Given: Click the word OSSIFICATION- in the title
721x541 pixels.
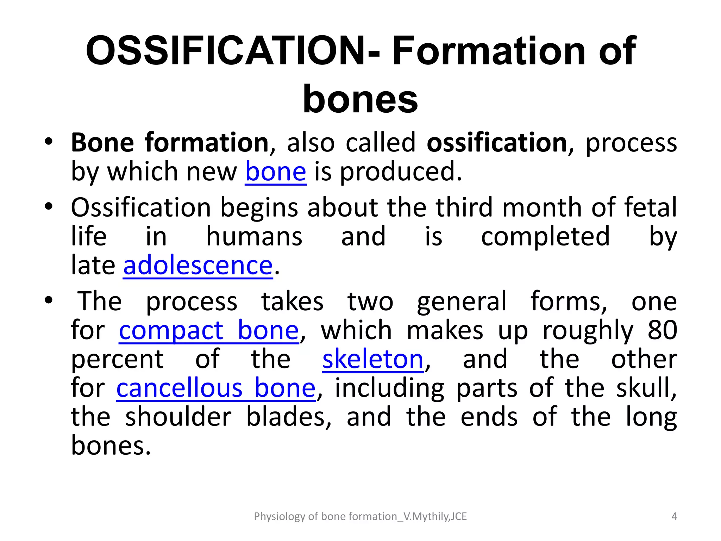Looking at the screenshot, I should click(x=233, y=51).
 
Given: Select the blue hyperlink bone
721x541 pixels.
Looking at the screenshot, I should click(x=276, y=172).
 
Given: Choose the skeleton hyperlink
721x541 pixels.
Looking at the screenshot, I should click(x=373, y=359).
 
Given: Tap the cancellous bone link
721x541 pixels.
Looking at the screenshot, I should click(x=216, y=388).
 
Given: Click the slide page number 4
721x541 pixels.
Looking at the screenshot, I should click(x=674, y=516).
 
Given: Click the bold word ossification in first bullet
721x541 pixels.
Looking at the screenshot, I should click(x=497, y=143).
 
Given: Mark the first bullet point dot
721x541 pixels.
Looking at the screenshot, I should click(x=49, y=142).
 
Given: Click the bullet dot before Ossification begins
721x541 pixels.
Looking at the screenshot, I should click(x=49, y=206).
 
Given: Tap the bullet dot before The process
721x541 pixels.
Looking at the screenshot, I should click(x=49, y=300).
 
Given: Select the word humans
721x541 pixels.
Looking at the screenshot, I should click(x=254, y=236).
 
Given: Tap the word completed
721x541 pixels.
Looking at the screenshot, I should click(x=545, y=236).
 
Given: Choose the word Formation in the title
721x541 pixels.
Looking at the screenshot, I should click(x=488, y=51).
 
